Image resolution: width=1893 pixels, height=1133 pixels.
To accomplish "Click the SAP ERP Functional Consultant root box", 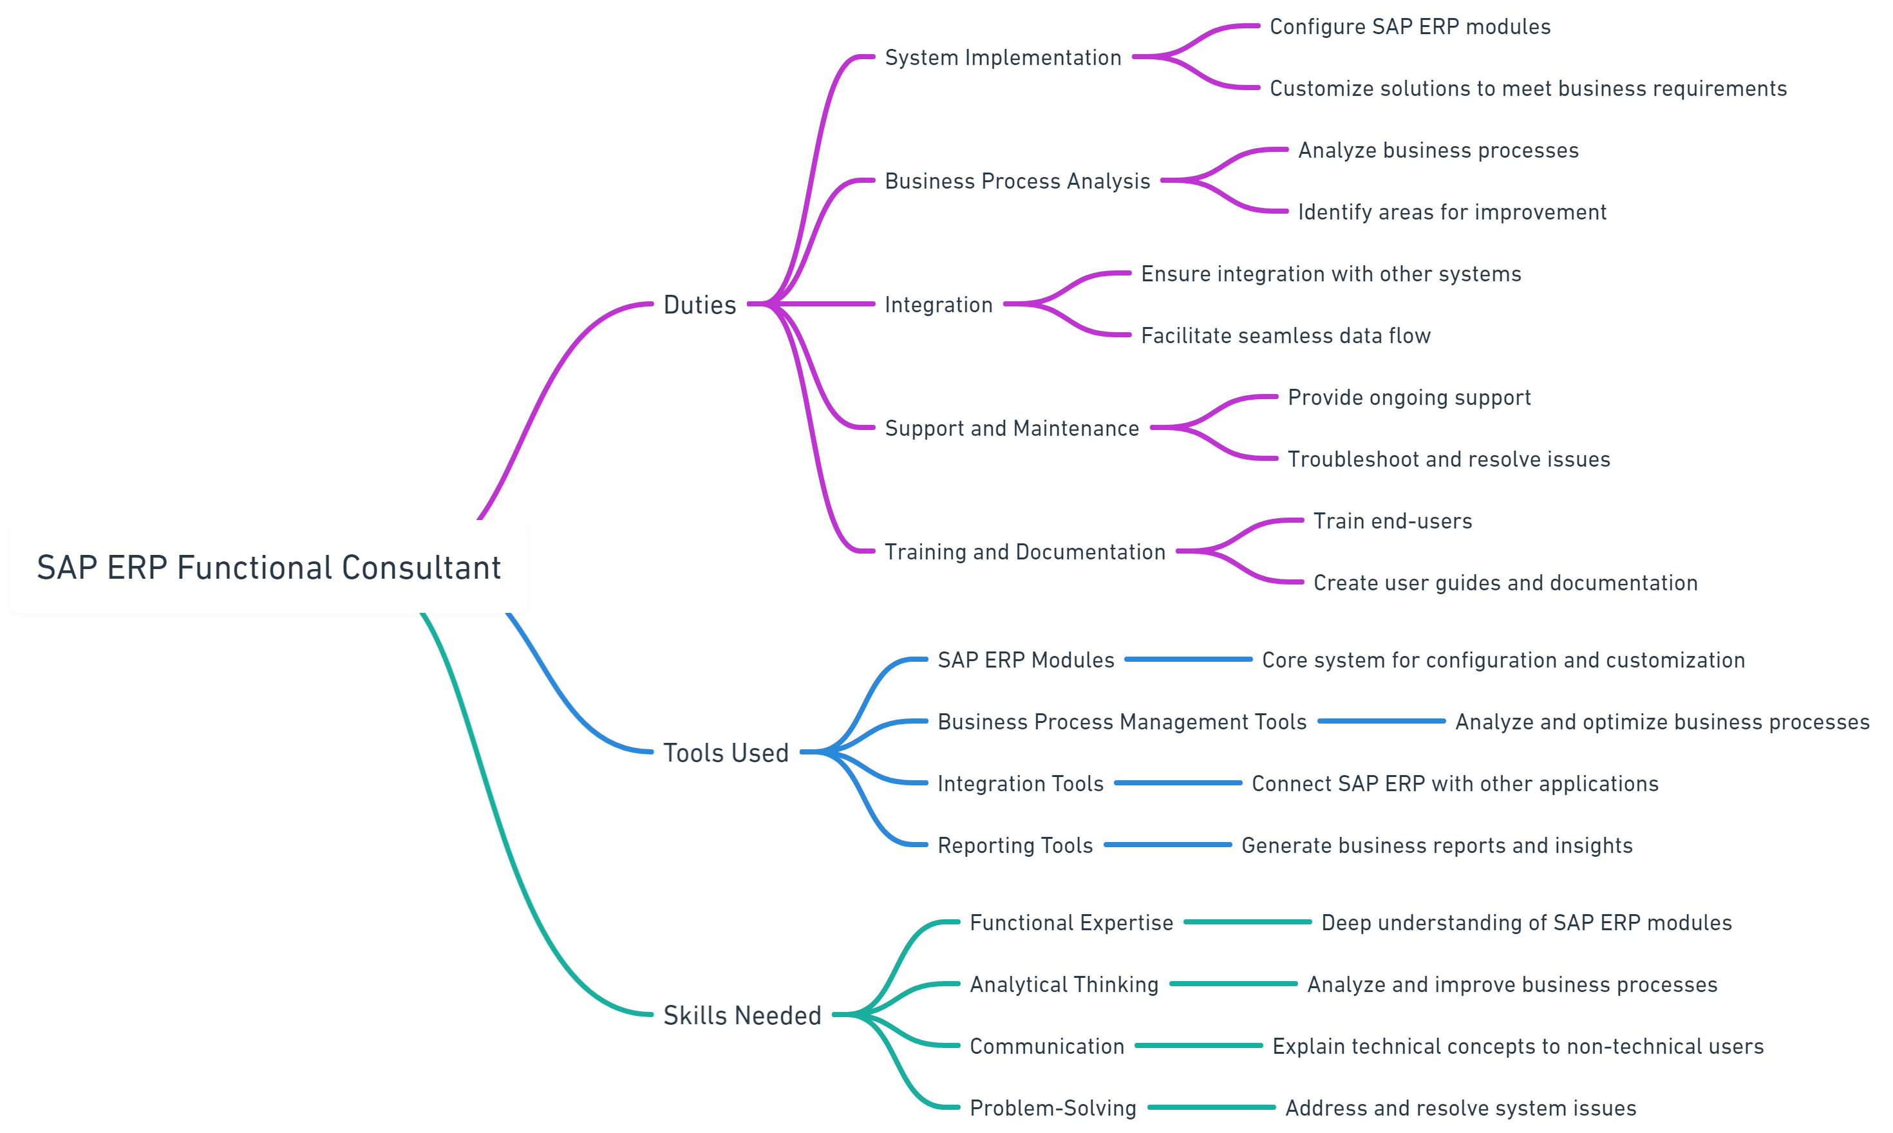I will coord(268,566).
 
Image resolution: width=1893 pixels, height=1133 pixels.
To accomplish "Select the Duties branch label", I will coord(699,304).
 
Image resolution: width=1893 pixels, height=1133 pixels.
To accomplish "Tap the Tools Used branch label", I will coord(726,753).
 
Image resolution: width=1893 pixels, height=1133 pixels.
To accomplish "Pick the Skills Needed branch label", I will coord(742,1015).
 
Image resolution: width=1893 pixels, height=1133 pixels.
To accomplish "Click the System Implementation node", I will coord(1003,57).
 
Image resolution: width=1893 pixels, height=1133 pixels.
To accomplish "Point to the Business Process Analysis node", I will coord(1017,181).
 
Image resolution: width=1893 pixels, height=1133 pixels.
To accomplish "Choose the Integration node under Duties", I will coord(939,304).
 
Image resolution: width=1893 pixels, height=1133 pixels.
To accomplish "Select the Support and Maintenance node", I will coord(1012,428).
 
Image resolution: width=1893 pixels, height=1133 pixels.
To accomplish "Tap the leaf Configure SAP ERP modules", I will coord(1409,27).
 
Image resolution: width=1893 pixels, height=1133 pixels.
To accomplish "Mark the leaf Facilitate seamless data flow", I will coord(1285,336).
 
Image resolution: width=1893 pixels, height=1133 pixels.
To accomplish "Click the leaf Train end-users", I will coord(1392,521).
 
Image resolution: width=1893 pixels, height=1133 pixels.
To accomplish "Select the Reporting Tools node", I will coord(1015,845).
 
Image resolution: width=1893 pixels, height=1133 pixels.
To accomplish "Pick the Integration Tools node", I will coord(1020,783).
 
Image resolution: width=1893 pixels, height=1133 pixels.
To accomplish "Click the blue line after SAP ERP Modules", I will coord(1188,659).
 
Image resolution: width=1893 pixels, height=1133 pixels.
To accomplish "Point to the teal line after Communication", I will coord(1198,1045).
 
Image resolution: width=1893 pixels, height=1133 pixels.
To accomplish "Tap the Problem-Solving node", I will coord(1052,1108).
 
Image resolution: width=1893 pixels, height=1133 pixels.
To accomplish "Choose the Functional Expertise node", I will coord(1071,922).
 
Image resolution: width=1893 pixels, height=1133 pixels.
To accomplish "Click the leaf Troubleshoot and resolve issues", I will coord(1449,460).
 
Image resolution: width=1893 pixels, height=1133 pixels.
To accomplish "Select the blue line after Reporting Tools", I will coord(1167,845).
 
